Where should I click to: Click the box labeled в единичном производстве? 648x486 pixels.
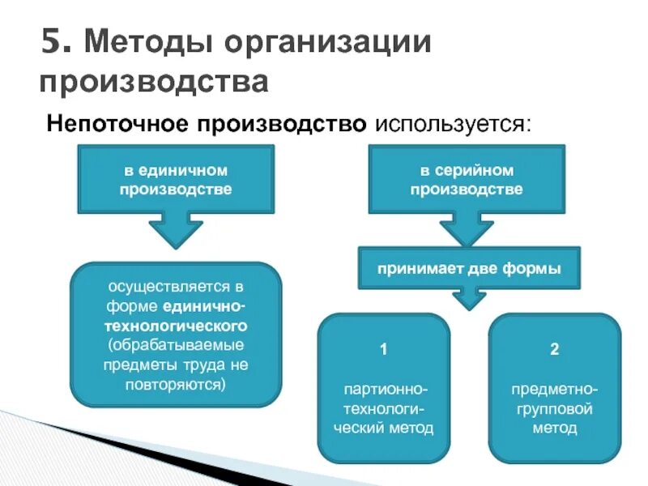[176, 179]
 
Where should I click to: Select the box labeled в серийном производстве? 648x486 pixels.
[466, 179]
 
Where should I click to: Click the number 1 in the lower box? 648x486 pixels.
[384, 350]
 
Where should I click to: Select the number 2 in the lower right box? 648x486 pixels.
[555, 350]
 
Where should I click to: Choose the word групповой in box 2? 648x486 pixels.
[555, 409]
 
